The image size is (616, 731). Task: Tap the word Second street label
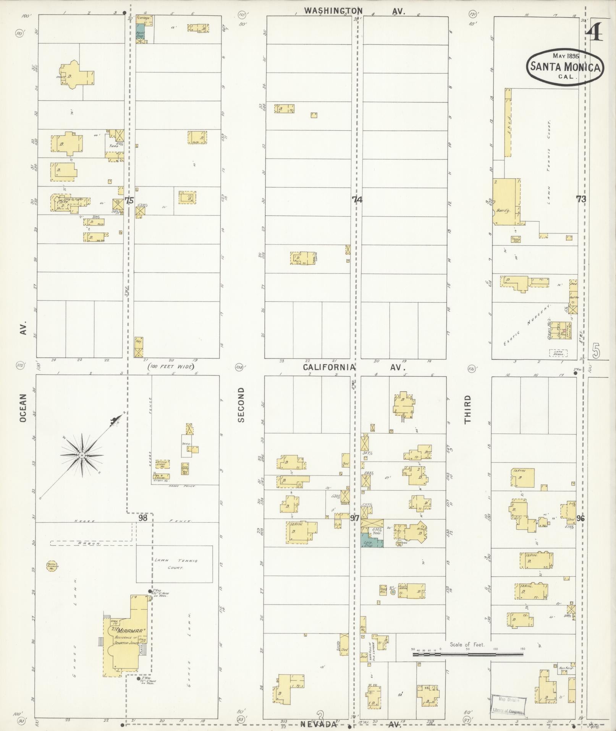click(x=241, y=405)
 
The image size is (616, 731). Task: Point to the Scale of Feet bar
click(x=467, y=654)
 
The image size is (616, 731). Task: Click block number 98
click(x=143, y=518)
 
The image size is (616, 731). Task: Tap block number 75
click(x=129, y=200)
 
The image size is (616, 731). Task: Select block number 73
click(x=581, y=199)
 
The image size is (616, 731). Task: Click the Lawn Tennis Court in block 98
click(x=174, y=564)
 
